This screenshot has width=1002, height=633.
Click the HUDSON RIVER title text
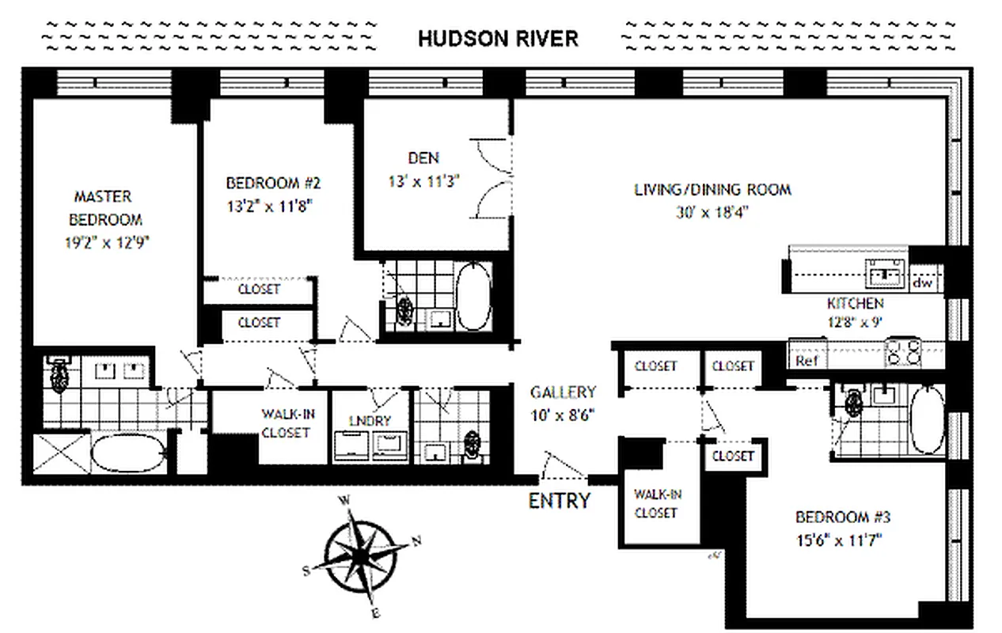click(x=498, y=39)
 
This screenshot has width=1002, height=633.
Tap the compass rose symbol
click(x=361, y=557)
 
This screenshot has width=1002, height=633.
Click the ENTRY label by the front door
click(x=559, y=501)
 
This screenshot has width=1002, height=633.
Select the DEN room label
click(x=423, y=158)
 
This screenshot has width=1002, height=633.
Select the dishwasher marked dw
click(x=922, y=282)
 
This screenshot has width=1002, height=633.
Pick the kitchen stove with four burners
click(x=902, y=351)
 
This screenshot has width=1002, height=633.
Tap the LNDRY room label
click(x=370, y=421)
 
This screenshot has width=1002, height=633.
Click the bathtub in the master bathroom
click(x=127, y=456)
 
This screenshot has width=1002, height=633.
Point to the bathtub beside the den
click(x=474, y=297)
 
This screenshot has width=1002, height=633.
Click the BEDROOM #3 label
click(x=843, y=518)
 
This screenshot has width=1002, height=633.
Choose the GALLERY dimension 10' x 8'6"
click(x=563, y=413)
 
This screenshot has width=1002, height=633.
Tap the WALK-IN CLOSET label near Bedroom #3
click(x=656, y=503)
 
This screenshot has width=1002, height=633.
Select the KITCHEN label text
click(x=855, y=303)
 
